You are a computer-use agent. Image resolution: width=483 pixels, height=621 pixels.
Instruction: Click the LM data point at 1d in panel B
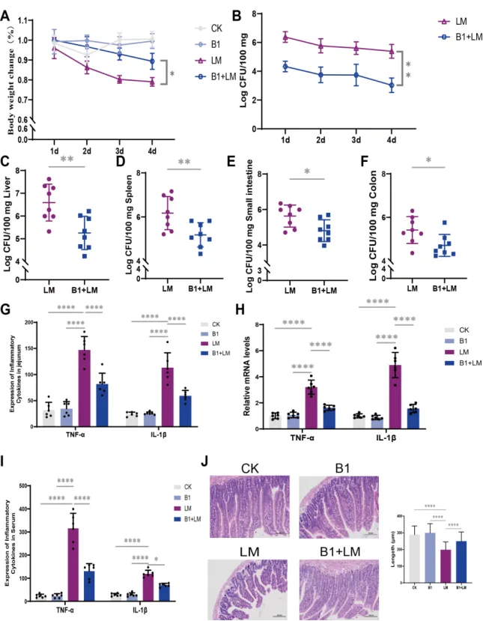click(285, 34)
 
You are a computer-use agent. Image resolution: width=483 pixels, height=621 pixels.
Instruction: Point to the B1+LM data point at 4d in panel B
click(390, 85)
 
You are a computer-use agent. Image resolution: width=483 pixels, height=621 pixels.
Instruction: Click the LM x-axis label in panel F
click(412, 287)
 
